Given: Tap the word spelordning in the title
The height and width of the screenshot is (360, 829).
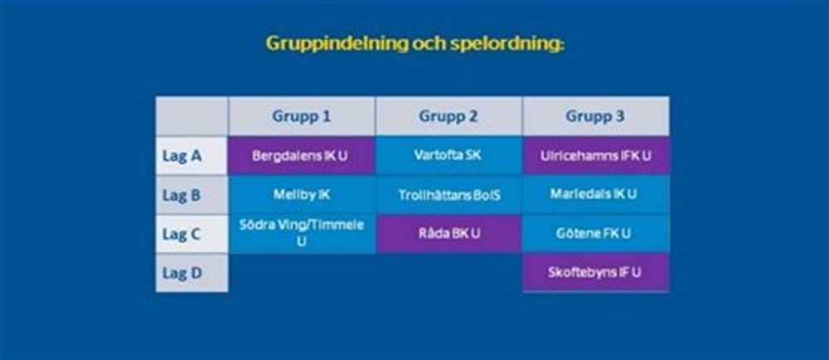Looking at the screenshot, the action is click(x=507, y=43).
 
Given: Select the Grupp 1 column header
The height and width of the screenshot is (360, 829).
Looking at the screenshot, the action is click(x=302, y=116).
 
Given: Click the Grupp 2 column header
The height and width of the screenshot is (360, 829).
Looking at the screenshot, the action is click(x=448, y=116).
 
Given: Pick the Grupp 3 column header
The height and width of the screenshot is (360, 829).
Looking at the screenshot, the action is click(x=595, y=116).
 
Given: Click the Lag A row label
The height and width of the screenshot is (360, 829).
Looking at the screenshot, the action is click(x=192, y=156).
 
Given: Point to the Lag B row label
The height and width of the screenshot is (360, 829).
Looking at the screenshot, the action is click(x=192, y=195).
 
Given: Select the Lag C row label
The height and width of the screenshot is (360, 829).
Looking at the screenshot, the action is click(x=192, y=234).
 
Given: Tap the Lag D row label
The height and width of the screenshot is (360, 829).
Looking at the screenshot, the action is click(x=192, y=273).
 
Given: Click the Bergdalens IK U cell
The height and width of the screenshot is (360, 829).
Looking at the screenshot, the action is click(x=302, y=156).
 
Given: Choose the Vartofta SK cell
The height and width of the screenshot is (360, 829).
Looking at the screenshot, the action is click(x=448, y=156).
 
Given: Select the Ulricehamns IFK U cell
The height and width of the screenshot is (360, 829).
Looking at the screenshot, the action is click(x=596, y=156).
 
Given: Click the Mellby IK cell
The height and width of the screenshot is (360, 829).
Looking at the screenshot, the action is click(x=302, y=195).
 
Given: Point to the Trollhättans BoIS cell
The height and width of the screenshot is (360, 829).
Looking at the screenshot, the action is click(x=448, y=195).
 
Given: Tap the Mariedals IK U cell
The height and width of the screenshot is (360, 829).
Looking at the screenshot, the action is click(x=596, y=195).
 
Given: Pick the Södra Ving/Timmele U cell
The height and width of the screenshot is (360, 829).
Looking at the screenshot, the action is click(x=302, y=234).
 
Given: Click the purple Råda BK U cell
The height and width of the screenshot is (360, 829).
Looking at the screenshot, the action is click(x=448, y=234).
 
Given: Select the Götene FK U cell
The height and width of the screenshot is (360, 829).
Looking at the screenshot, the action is click(x=596, y=234).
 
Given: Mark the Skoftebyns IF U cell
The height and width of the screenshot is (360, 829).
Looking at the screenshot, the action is click(x=596, y=273).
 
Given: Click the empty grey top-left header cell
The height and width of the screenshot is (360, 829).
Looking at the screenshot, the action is click(x=192, y=116).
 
